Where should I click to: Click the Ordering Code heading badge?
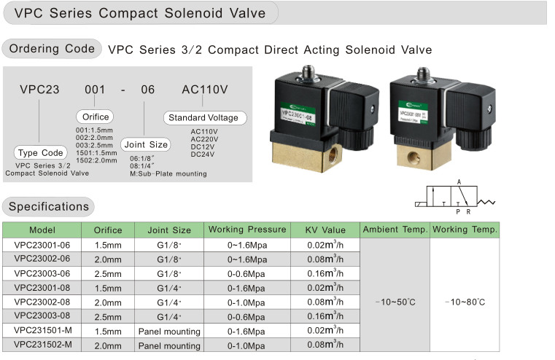[x=51, y=50]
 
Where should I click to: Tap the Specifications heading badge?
[x=48, y=206]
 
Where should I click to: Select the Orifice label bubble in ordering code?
[x=95, y=117]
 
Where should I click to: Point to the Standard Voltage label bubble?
[x=203, y=117]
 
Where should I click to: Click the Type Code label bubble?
[x=41, y=153]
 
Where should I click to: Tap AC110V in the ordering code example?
[x=205, y=90]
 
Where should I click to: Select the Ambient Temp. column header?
[x=395, y=230]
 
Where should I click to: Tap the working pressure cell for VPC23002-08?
[x=247, y=302]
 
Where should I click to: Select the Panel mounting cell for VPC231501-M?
[x=169, y=331]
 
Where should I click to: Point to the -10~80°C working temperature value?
[x=465, y=302]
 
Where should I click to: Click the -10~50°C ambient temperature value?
[x=395, y=302]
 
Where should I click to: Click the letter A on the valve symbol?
[x=459, y=182]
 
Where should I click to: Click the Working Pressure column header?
[x=247, y=230]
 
